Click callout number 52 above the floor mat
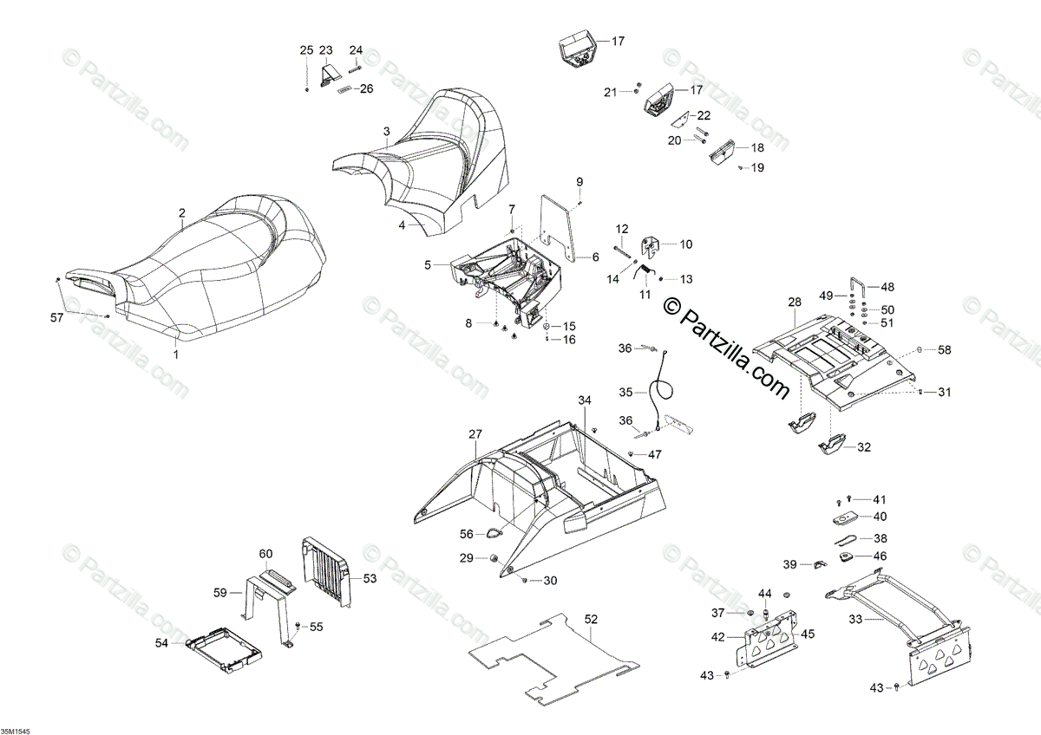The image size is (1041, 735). pyautogui.click(x=591, y=619)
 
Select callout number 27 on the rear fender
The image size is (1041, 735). pyautogui.click(x=475, y=433)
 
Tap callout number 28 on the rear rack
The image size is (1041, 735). pyautogui.click(x=795, y=302)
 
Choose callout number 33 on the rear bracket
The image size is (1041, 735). pyautogui.click(x=855, y=619)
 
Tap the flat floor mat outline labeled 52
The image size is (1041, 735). pyautogui.click(x=555, y=659)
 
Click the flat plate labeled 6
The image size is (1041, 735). pyautogui.click(x=555, y=227)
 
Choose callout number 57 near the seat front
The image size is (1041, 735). pyautogui.click(x=56, y=319)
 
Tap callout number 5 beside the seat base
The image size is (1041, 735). pyautogui.click(x=427, y=264)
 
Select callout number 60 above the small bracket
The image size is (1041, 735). pyautogui.click(x=266, y=553)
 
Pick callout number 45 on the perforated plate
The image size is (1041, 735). pyautogui.click(x=808, y=634)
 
